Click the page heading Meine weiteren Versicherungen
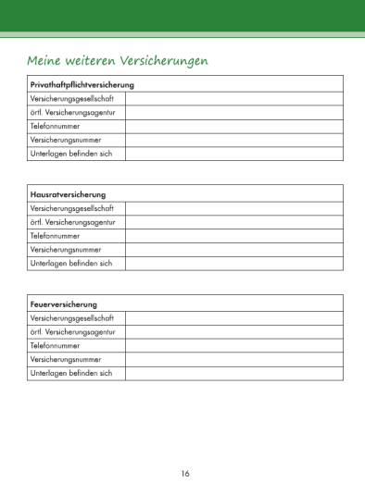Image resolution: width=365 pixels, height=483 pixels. click(118, 60)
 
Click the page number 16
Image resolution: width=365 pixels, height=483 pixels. click(185, 473)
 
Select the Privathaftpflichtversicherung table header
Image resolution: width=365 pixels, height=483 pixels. click(82, 85)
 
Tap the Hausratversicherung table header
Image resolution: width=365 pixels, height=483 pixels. click(69, 194)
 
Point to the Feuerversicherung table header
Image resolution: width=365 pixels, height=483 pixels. click(64, 303)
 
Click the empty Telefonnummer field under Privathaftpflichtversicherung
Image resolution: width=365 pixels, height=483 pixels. click(233, 126)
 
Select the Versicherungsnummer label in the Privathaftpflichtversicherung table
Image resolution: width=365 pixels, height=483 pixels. click(66, 140)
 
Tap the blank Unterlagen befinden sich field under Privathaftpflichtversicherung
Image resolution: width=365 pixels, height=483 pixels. click(233, 154)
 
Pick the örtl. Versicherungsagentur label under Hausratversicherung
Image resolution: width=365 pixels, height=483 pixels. click(73, 222)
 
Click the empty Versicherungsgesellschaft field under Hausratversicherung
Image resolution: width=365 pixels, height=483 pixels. click(233, 208)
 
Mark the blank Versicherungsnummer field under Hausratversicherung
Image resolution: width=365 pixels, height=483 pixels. click(233, 250)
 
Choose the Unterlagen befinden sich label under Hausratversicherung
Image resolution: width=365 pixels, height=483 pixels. click(71, 264)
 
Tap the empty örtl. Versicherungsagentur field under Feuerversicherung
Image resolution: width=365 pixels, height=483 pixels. click(233, 331)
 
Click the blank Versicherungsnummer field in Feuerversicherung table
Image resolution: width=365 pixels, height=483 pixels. click(233, 359)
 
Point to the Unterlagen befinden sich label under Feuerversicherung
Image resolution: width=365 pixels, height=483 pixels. click(71, 373)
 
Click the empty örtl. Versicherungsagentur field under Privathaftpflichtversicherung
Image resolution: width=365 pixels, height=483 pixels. click(233, 112)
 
